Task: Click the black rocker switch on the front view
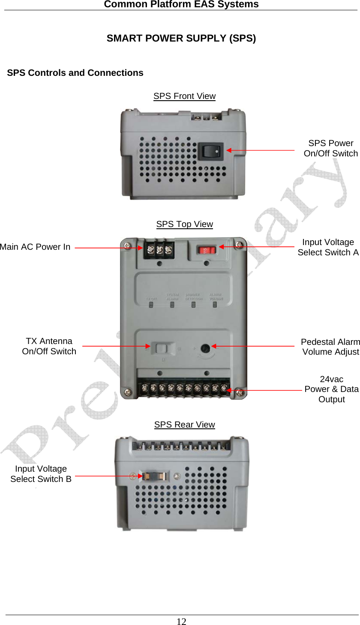[211, 151]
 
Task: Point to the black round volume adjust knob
[205, 348]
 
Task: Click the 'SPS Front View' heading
[184, 96]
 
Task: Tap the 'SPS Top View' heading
[184, 224]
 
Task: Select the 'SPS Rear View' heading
[184, 425]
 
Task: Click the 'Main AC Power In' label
[35, 247]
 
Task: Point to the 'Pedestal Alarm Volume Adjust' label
[330, 347]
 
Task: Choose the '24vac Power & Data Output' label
[331, 389]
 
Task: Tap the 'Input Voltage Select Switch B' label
[41, 474]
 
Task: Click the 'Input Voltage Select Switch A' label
[328, 247]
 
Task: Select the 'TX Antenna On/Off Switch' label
[49, 346]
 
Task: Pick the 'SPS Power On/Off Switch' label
[330, 148]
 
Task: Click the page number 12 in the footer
[182, 622]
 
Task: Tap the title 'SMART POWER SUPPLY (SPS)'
[181, 38]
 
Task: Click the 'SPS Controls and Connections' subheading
[75, 73]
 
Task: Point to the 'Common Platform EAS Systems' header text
[181, 4]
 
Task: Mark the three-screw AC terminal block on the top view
[159, 249]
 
